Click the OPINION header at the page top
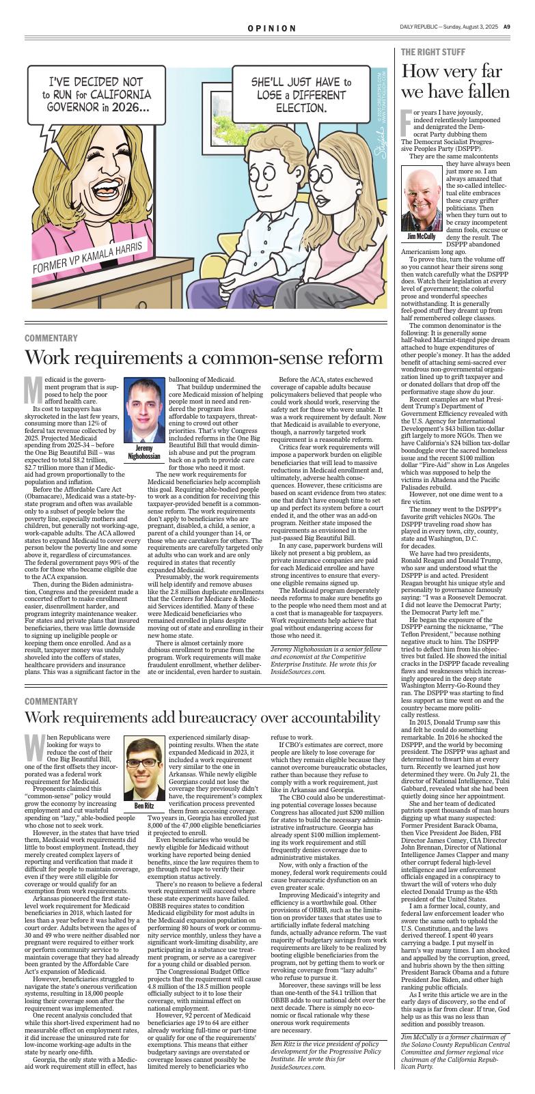click(x=272, y=29)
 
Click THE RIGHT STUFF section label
click(x=433, y=53)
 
